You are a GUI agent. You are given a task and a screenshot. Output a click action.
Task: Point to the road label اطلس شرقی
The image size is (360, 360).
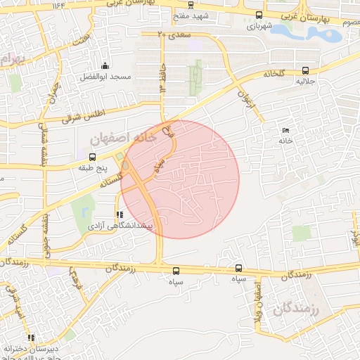(82, 115)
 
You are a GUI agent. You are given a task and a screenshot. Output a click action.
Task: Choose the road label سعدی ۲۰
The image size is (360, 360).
(172, 32)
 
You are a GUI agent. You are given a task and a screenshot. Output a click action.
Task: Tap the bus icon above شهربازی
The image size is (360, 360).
(259, 15)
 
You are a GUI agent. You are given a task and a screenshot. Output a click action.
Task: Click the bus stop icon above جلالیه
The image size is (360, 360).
(305, 70)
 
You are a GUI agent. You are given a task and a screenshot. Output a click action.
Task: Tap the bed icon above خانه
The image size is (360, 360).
(285, 131)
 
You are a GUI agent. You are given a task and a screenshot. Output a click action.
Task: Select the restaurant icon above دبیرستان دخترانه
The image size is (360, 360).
(30, 337)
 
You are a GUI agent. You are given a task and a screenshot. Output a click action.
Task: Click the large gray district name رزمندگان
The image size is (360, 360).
(296, 309)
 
